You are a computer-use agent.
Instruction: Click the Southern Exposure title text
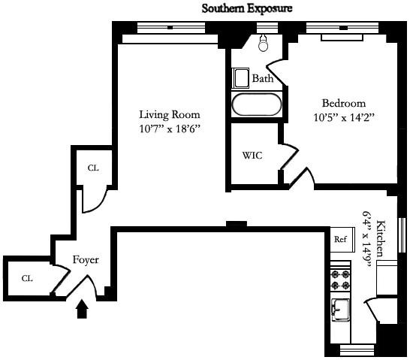pos(246,8)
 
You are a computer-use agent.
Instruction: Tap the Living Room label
pos(170,115)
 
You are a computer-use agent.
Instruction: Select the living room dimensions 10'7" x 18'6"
pos(170,129)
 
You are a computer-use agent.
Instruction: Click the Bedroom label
pos(344,103)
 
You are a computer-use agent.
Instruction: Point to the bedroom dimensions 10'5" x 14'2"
pos(344,116)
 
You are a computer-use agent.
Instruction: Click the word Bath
pos(262,78)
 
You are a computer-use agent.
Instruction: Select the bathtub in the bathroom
pos(256,104)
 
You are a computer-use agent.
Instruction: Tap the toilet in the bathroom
pos(263,44)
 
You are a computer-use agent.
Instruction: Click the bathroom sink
pos(241,78)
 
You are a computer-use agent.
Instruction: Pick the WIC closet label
pos(252,156)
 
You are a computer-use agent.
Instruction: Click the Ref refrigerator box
pos(340,239)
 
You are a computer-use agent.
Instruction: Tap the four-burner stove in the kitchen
pos(341,279)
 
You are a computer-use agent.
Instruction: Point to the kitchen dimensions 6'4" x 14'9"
pos(368,237)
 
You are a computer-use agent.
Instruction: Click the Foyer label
pos(86,260)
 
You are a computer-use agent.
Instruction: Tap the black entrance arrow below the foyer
pos(82,308)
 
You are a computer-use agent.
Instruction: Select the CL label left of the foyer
pos(27,278)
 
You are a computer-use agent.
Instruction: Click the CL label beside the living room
pos(93,167)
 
